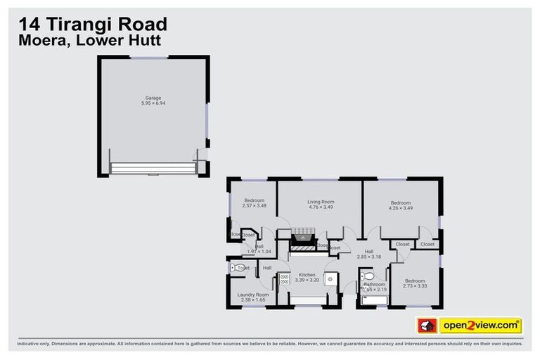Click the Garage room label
click(153, 98)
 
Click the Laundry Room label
click(252, 295)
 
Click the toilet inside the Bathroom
click(366, 276)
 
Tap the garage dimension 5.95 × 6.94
click(153, 103)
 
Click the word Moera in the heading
click(36, 41)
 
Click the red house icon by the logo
click(425, 326)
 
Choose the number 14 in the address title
click(25, 25)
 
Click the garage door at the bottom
click(153, 168)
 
